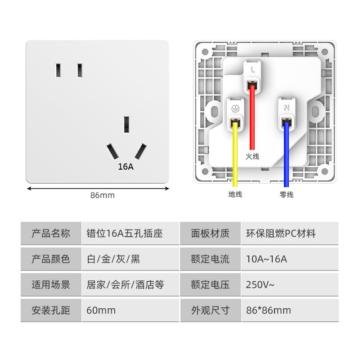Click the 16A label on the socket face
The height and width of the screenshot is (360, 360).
(x=126, y=166)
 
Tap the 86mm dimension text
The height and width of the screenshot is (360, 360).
(x=103, y=195)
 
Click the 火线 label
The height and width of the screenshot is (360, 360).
(x=252, y=157)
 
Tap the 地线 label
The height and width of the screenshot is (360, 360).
(x=235, y=195)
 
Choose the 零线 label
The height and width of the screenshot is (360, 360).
(x=286, y=195)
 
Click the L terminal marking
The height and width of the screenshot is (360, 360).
(x=253, y=70)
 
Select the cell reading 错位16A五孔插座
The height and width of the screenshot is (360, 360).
(x=125, y=234)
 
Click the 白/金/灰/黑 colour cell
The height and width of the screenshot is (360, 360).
(x=113, y=259)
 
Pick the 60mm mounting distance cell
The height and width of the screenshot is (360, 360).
(x=101, y=310)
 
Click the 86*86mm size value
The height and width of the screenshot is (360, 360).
(x=269, y=310)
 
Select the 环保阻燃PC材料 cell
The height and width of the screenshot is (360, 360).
(x=281, y=234)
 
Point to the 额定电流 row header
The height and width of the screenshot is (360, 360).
(x=210, y=259)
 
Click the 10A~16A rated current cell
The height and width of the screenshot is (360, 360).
(x=266, y=259)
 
